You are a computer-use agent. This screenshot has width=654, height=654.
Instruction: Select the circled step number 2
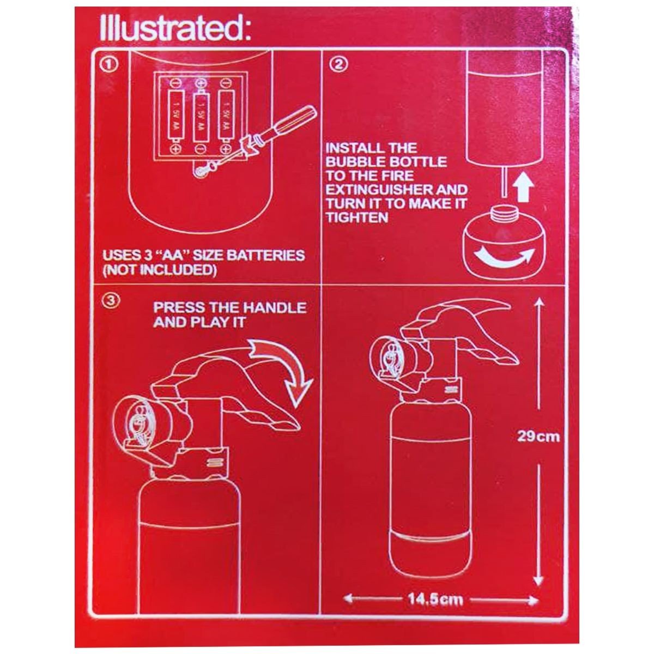pos(338,64)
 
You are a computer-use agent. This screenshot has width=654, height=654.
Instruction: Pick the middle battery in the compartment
pos(201,117)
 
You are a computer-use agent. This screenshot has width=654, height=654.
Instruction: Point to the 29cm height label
pos(538,436)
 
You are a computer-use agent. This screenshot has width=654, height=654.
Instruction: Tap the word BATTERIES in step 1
pos(265,256)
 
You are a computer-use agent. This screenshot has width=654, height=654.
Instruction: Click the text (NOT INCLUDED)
pos(160,270)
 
